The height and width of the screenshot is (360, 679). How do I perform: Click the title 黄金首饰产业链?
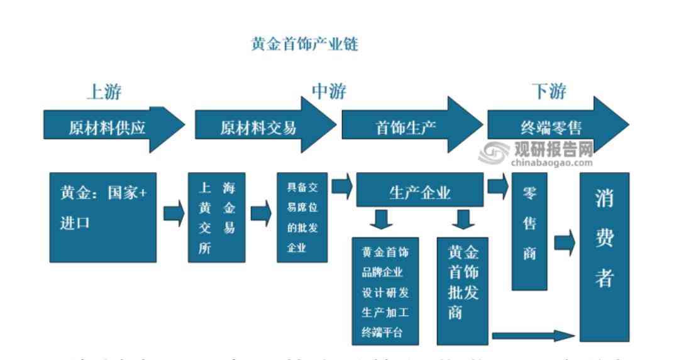(304, 45)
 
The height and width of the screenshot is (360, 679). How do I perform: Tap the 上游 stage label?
(104, 92)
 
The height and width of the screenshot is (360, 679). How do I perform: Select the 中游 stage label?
(329, 92)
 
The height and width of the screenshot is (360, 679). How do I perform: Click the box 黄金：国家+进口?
(103, 217)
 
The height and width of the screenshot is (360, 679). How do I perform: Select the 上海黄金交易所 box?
(216, 217)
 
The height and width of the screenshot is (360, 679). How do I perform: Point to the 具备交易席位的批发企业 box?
(302, 217)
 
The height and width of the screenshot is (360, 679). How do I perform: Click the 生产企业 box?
(420, 190)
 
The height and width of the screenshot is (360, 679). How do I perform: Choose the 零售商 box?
(529, 232)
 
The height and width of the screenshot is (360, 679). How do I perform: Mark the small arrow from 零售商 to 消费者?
(564, 242)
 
